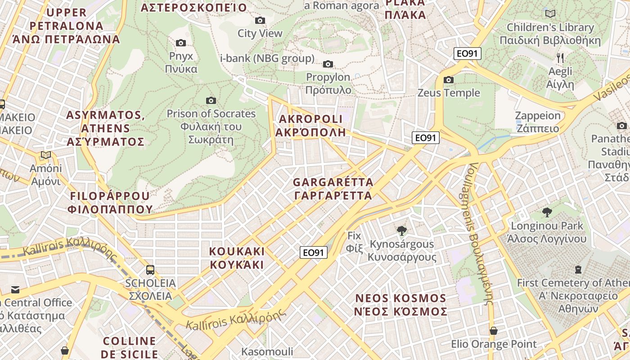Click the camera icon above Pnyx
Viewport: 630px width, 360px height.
[x=181, y=43]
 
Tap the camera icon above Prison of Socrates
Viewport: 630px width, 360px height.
[x=211, y=100]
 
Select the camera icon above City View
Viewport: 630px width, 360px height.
[x=260, y=20]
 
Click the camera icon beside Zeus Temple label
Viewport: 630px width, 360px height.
[x=449, y=80]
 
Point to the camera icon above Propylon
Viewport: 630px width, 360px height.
[x=328, y=64]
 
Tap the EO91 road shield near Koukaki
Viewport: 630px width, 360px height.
[x=313, y=252]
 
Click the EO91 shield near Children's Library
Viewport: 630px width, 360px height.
[x=467, y=54]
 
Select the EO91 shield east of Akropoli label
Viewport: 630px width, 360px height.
[x=425, y=138]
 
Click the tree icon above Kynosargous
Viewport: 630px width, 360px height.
[x=402, y=231]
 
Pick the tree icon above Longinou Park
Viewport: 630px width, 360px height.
[x=547, y=212]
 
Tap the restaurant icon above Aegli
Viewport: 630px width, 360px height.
[x=560, y=58]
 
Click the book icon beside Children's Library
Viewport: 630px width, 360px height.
[x=550, y=13]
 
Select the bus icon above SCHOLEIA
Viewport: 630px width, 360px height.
[x=150, y=270]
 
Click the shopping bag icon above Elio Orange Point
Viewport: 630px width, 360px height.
[x=494, y=331]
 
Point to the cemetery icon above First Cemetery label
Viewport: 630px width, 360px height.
[x=578, y=269]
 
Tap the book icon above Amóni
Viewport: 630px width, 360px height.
[x=45, y=155]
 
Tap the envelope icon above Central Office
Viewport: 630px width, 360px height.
[x=16, y=289]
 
